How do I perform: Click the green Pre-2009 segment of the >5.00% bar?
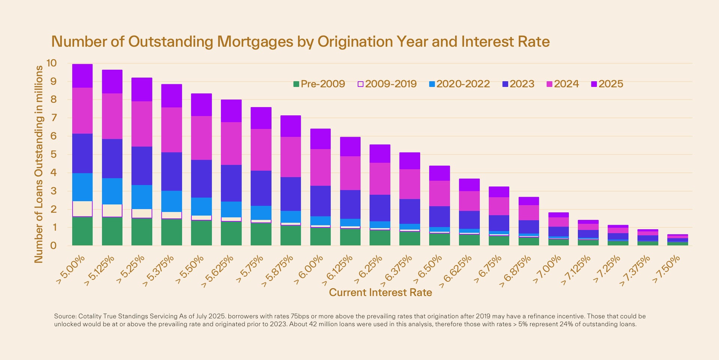point(82,231)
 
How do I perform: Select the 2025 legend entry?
point(607,84)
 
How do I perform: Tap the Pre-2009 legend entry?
point(319,84)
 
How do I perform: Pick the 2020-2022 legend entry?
point(459,84)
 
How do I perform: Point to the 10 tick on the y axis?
point(52,63)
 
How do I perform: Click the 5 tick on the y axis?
point(53,154)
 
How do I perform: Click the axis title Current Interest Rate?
point(380,293)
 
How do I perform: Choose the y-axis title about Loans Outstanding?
point(39,164)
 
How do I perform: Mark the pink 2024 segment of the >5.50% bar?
point(201,138)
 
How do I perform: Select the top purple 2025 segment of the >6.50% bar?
point(439,173)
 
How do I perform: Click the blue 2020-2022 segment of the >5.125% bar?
point(112,191)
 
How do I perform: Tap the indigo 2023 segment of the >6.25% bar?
point(380,208)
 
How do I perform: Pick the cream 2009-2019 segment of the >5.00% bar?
point(82,209)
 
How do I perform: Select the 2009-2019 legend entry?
point(387,84)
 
